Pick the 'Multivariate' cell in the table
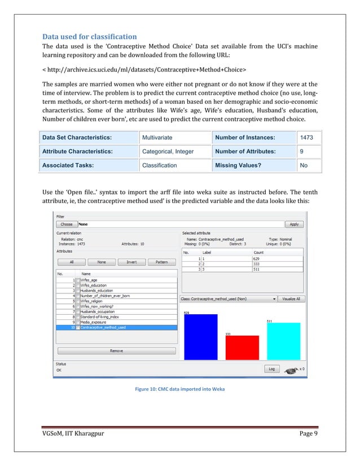(157, 137)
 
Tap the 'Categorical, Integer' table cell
(168, 151)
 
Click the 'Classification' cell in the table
(160, 165)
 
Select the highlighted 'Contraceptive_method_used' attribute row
(105, 327)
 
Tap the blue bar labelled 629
(198, 336)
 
